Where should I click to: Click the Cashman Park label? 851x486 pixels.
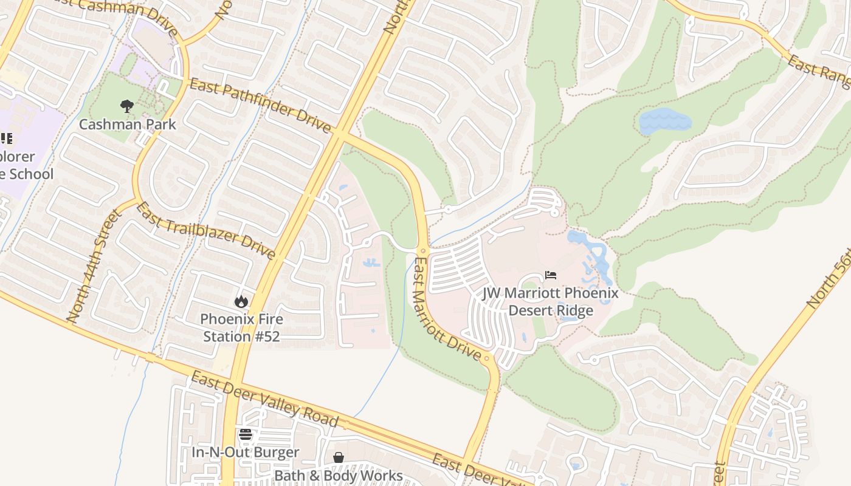128,125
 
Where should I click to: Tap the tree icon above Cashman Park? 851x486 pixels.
127,107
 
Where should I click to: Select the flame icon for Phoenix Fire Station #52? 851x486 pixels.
241,301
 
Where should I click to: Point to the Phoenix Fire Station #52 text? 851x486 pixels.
241,327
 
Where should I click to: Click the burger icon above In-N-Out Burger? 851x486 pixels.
246,434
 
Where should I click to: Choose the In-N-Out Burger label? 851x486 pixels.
246,453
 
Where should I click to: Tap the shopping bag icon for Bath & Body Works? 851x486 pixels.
339,457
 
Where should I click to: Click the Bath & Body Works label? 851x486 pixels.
339,475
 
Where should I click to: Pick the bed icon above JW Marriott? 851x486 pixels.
551,275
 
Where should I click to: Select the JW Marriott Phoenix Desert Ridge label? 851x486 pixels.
551,301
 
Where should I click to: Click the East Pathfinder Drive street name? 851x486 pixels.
260,105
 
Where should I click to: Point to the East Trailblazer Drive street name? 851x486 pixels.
205,230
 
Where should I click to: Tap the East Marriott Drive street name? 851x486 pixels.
447,309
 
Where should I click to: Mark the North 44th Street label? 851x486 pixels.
94,266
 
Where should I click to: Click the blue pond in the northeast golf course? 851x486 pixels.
665,122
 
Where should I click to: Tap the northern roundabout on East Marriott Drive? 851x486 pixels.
424,250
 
